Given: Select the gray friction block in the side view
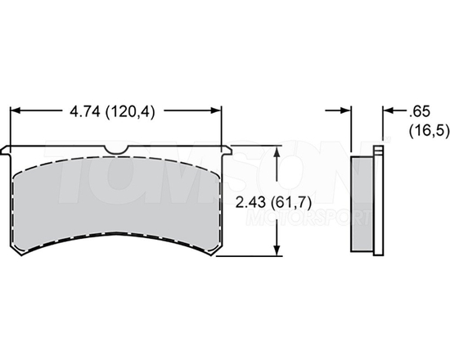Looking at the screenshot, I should [362, 202].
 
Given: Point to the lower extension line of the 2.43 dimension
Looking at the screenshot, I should [254, 256].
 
